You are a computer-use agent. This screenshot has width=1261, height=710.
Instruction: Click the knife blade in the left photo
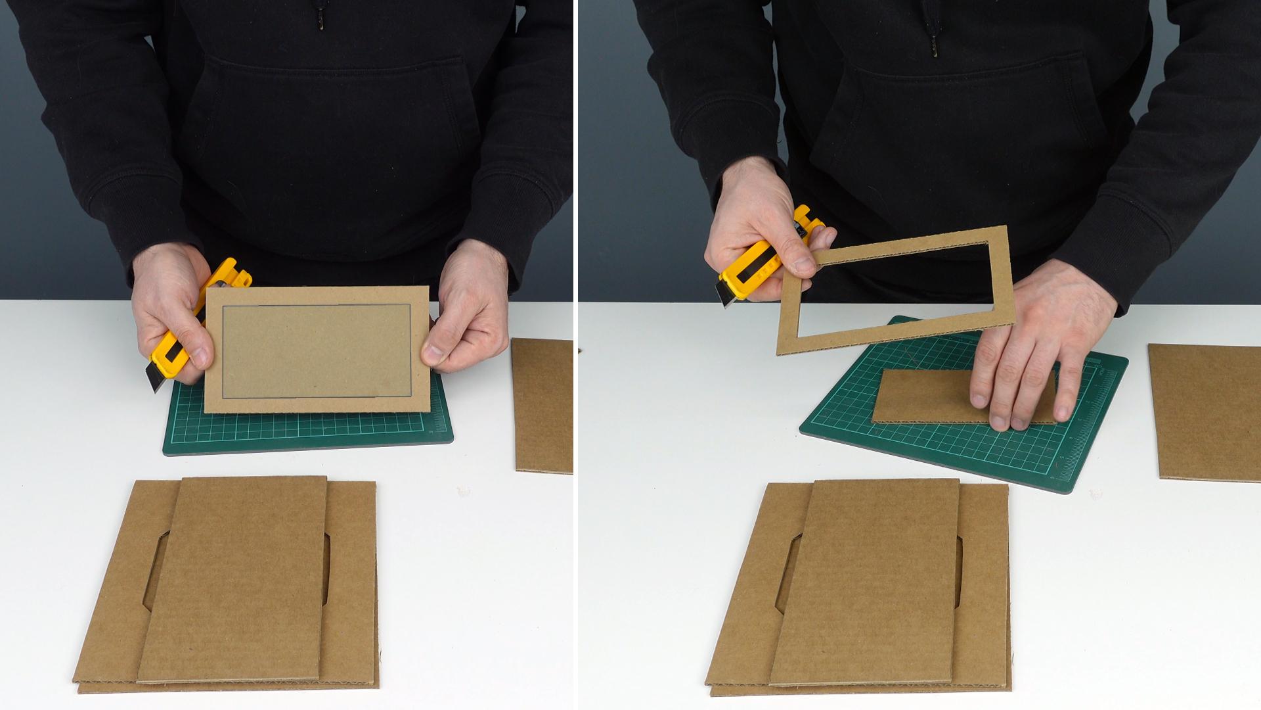click(158, 382)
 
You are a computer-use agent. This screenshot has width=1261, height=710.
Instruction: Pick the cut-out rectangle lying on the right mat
click(926, 397)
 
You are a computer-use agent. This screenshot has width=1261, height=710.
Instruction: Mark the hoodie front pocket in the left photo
click(328, 131)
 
